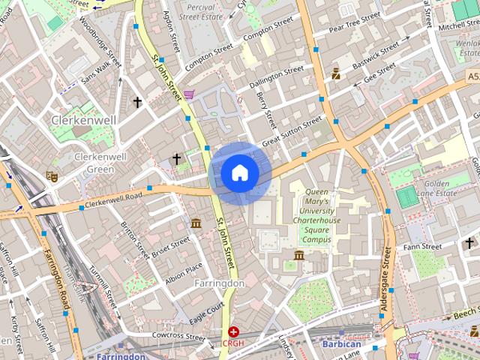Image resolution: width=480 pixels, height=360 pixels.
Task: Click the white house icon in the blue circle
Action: [239, 173]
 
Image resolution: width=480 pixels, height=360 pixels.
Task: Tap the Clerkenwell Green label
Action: [94, 163]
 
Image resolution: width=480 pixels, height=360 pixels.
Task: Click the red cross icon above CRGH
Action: [234, 331]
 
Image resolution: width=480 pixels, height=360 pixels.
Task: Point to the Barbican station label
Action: [341, 344]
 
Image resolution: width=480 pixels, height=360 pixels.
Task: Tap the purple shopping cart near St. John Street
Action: [189, 94]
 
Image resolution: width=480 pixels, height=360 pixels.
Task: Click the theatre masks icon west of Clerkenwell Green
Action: [52, 176]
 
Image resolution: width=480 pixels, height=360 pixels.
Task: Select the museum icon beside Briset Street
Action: [196, 223]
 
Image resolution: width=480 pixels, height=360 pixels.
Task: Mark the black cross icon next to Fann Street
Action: [469, 243]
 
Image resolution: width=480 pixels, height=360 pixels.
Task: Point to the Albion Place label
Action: [183, 272]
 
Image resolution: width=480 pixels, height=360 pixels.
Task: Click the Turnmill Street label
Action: [103, 290]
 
